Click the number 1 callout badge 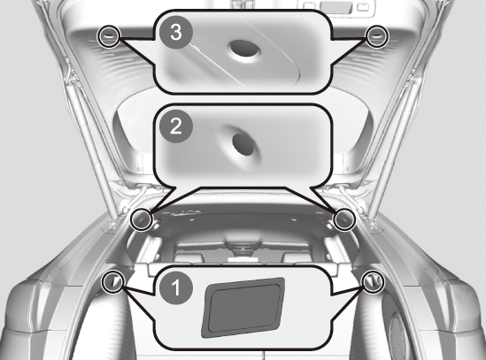176,287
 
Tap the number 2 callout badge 176,126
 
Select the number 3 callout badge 176,32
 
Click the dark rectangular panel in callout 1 243,307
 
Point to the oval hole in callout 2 243,145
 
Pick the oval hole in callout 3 244,49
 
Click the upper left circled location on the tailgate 109,36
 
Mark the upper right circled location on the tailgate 376,36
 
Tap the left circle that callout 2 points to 142,219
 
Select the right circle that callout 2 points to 344,219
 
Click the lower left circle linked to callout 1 113,281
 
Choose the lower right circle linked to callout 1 374,281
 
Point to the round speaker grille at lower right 398,335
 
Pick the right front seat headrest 297,257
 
